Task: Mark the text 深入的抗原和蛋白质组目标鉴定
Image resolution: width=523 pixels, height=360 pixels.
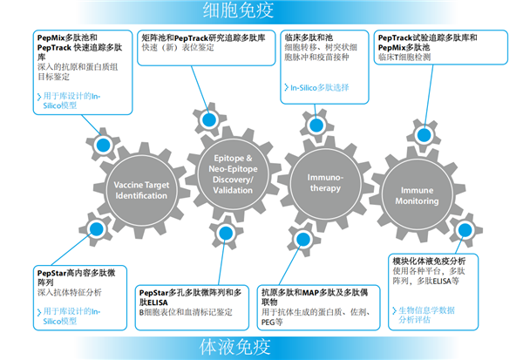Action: (x=71, y=71)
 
